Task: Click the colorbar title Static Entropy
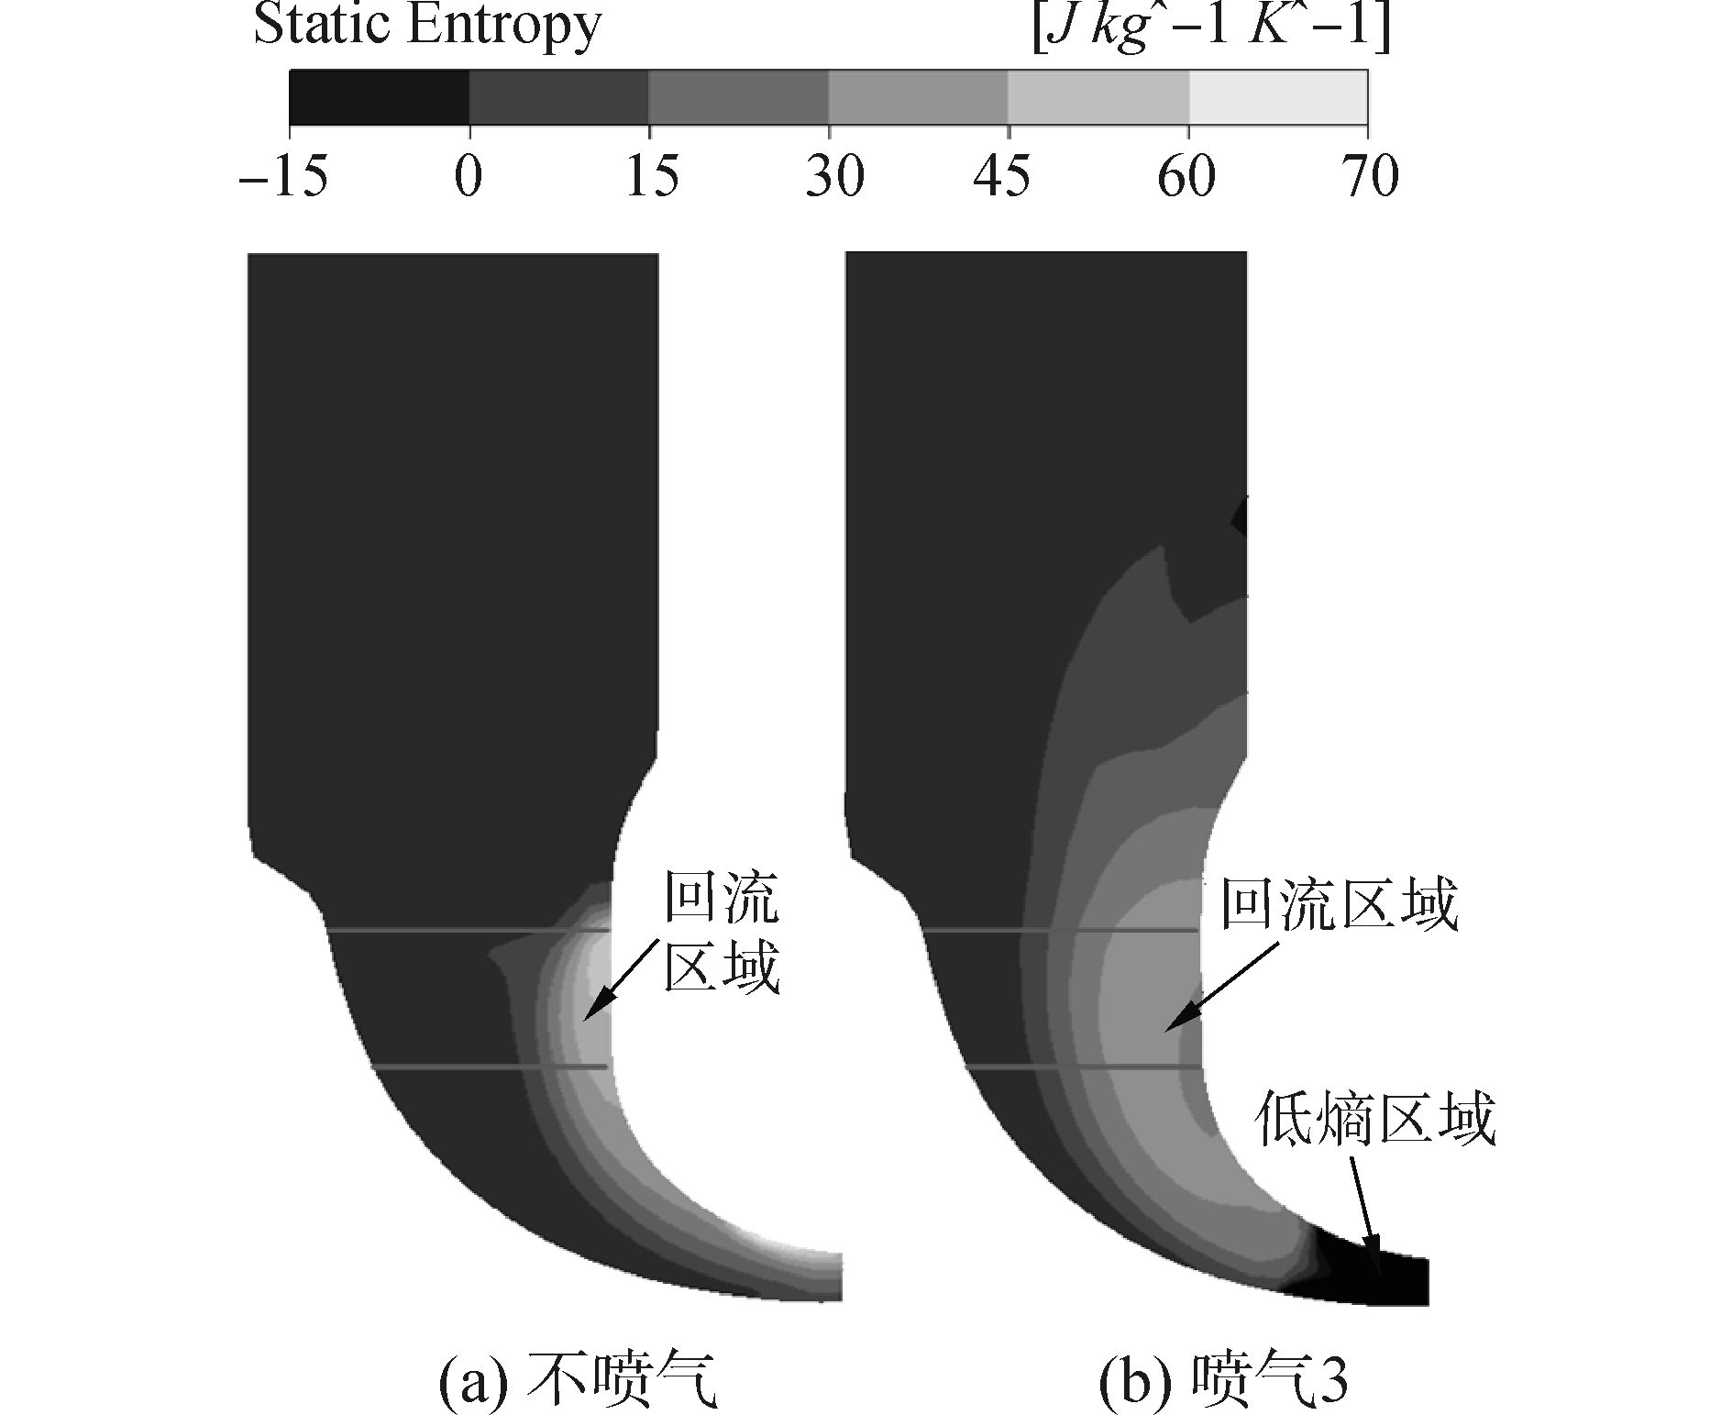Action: (x=427, y=26)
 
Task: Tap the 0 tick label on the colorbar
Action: (x=469, y=175)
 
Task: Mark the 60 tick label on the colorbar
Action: (x=1186, y=175)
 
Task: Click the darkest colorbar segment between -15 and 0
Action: (x=379, y=97)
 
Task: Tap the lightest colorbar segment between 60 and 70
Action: (x=1278, y=97)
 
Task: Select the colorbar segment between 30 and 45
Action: (x=918, y=97)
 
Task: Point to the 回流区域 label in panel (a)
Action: (x=722, y=934)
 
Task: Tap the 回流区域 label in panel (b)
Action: (x=1339, y=906)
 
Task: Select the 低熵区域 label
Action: (x=1376, y=1118)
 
